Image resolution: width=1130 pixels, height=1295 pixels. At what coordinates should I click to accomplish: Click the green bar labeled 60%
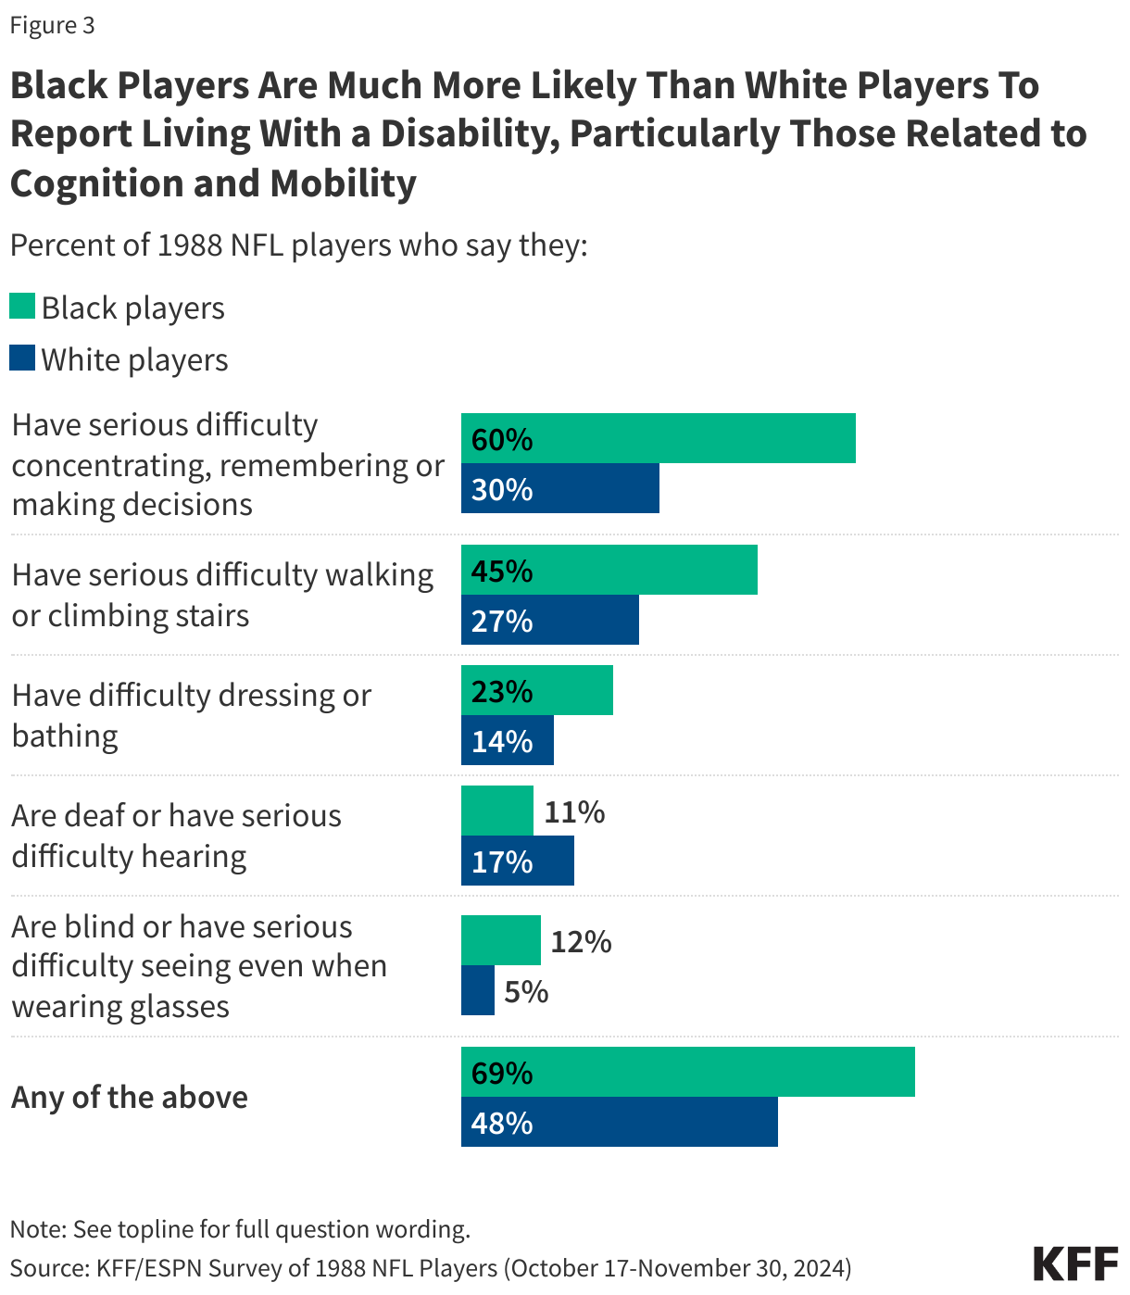(x=658, y=438)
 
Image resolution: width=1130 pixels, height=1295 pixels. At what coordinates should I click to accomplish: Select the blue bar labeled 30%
(x=559, y=488)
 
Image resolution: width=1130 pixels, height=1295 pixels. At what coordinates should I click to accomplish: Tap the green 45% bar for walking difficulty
(x=609, y=570)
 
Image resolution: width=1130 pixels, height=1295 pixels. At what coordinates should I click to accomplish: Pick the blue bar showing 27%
(x=549, y=620)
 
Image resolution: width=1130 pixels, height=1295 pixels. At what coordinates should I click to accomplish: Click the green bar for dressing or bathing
(x=536, y=690)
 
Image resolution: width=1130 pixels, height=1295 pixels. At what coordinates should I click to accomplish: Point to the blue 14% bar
(x=507, y=740)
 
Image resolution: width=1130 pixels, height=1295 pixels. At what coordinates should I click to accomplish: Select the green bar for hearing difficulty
(x=496, y=811)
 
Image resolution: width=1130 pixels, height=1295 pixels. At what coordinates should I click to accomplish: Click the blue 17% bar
(x=517, y=861)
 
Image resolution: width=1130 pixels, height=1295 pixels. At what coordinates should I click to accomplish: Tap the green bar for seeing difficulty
(x=500, y=940)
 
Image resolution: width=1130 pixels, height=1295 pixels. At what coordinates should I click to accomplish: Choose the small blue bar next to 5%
(x=477, y=990)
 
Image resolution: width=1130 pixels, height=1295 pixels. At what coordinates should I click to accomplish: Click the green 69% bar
(x=687, y=1072)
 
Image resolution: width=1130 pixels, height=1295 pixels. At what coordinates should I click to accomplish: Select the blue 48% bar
(x=619, y=1122)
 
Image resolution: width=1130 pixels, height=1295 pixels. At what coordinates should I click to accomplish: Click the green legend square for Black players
(x=22, y=307)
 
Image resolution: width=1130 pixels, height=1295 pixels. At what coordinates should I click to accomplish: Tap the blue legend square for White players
(x=22, y=358)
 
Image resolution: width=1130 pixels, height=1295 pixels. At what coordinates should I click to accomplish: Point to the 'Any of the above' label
(x=130, y=1097)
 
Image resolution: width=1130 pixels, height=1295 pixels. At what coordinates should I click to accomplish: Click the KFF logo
(x=1074, y=1264)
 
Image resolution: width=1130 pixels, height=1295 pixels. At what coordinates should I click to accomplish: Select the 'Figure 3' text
(x=52, y=25)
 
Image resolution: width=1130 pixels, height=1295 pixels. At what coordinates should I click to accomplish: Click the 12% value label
(x=581, y=942)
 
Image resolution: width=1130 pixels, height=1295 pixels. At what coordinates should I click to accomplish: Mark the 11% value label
(x=574, y=812)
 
